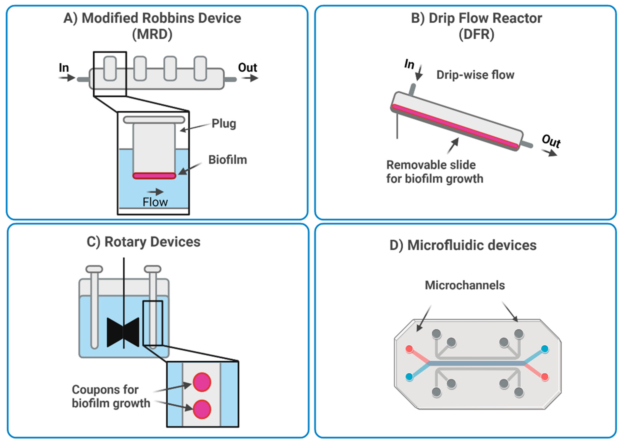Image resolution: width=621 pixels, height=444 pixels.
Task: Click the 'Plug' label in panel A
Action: (224, 124)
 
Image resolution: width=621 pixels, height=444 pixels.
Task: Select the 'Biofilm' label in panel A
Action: (227, 160)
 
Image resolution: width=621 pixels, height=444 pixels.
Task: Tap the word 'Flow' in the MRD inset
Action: (155, 202)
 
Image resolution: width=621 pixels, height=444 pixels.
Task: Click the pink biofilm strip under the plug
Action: (154, 176)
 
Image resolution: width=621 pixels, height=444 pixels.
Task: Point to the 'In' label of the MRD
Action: (64, 68)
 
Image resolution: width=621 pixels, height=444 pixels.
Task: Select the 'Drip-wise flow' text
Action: (475, 75)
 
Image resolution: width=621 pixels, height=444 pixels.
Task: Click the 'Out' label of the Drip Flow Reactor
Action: (551, 141)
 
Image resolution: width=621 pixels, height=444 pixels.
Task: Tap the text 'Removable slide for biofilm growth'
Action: (434, 172)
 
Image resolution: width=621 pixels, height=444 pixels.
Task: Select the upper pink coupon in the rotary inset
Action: (202, 382)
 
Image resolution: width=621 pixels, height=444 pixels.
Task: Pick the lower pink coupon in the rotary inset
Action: (202, 409)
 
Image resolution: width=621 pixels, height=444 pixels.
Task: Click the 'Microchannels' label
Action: (465, 285)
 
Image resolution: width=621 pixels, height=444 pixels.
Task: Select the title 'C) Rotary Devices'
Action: (144, 242)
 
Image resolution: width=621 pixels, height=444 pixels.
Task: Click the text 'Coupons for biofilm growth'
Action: (111, 396)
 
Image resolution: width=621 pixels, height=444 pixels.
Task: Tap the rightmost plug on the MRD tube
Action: (200, 68)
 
